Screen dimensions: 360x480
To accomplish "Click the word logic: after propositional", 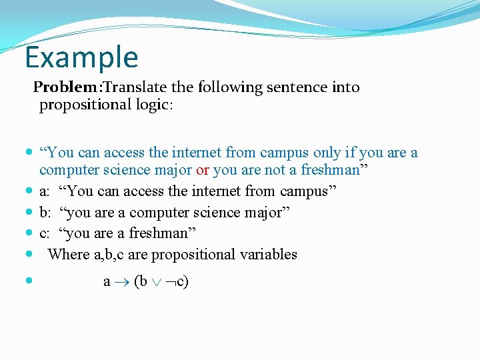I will point(154,105).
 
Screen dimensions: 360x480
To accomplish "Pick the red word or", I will point(203,171).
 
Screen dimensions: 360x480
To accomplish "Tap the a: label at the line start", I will point(44,192).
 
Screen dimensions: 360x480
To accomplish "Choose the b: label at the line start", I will point(45,213).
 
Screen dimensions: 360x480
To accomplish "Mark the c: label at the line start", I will point(44,233).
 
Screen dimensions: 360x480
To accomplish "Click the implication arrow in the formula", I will point(123,282).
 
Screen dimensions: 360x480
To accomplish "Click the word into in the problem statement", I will point(345,87).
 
